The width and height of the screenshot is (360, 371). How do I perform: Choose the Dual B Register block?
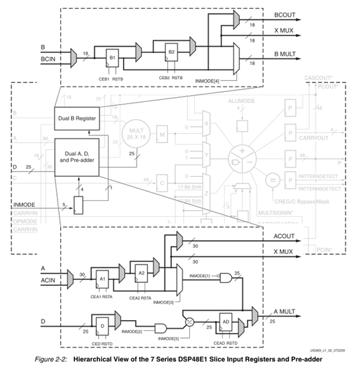pos(75,119)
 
